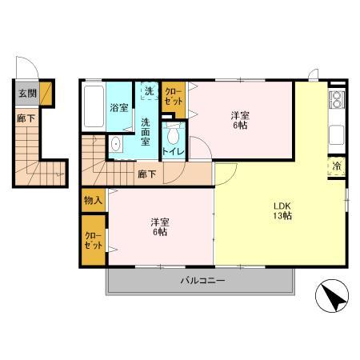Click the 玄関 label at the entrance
tap(27, 93)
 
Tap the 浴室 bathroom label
tap(120, 106)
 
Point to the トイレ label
tap(171, 151)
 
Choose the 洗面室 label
tap(147, 131)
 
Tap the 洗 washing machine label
tap(149, 91)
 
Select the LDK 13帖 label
tap(282, 210)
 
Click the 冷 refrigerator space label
tap(337, 166)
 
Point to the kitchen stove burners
tap(337, 101)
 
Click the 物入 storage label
tap(93, 200)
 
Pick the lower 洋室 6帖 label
tap(158, 226)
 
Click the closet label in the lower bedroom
tap(93, 240)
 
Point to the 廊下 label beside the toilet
tap(146, 173)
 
